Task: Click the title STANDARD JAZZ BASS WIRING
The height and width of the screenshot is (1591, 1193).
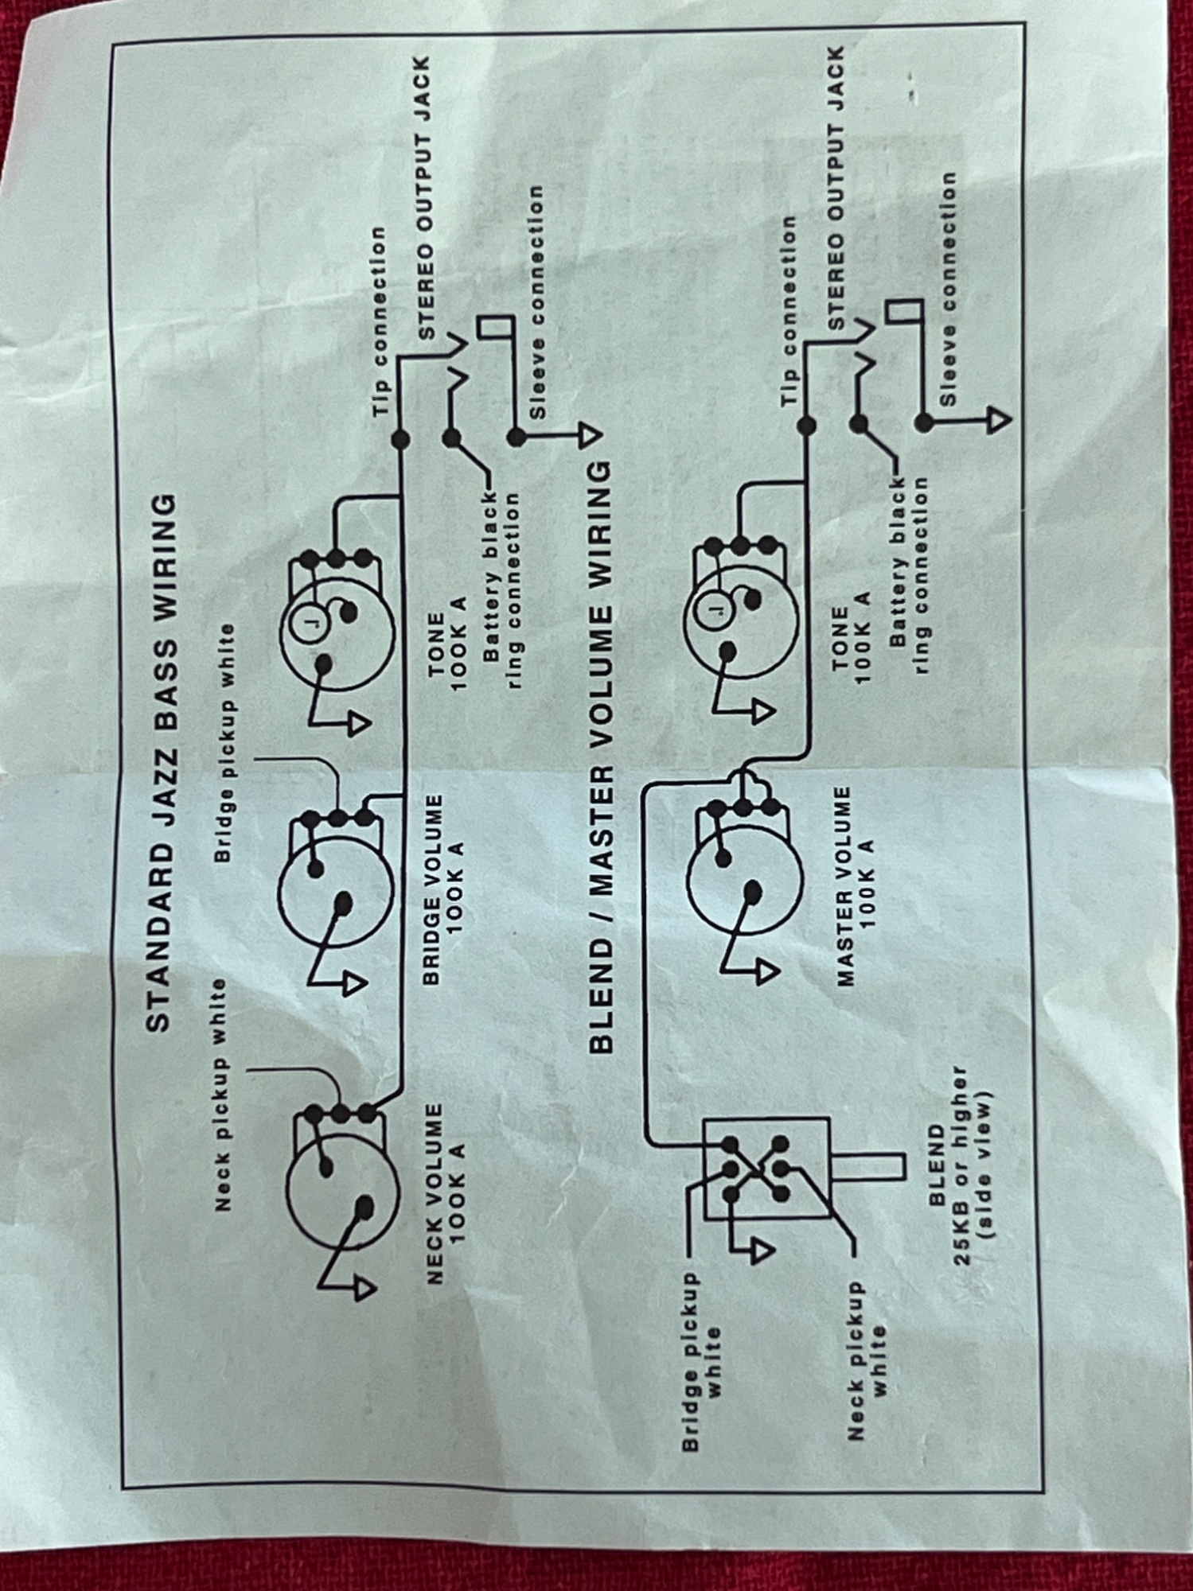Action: (159, 763)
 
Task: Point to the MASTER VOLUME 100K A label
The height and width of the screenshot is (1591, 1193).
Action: (856, 887)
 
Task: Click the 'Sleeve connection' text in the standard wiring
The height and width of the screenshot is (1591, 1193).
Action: (537, 302)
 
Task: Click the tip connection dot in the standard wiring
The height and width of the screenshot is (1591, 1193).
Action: (400, 439)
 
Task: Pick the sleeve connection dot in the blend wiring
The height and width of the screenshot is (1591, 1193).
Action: (923, 422)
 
